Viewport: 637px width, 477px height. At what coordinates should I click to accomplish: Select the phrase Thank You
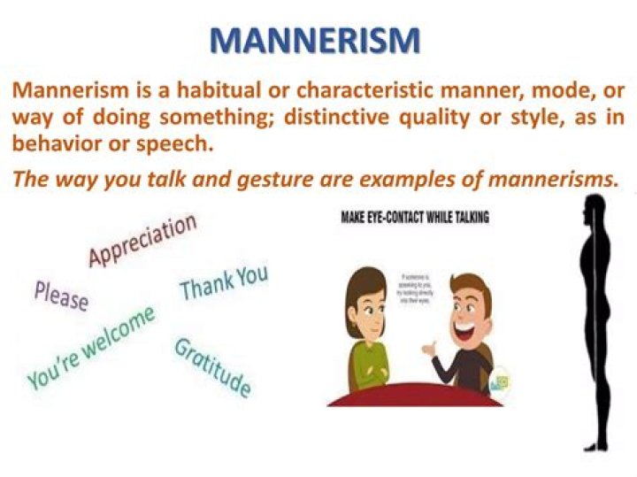[223, 282]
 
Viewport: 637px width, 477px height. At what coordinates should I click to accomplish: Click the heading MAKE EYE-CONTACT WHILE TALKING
[415, 217]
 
